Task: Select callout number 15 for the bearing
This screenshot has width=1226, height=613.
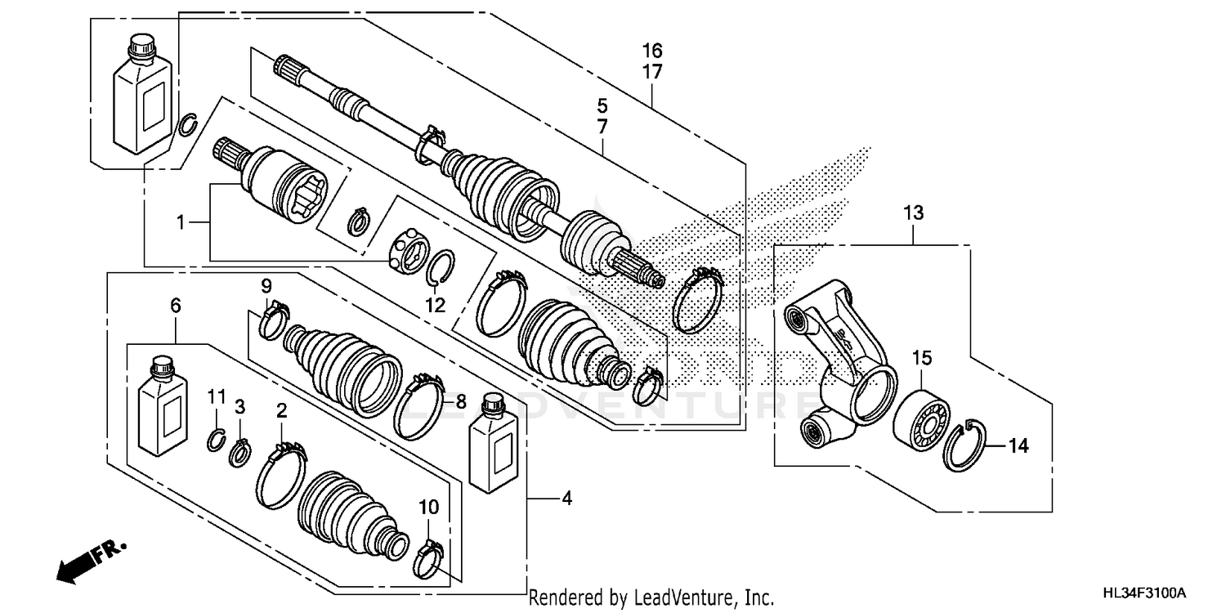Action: pos(922,358)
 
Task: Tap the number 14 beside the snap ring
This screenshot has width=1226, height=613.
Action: pos(1018,446)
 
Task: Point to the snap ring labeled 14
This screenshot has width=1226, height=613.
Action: pos(964,445)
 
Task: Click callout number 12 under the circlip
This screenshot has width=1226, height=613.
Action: pos(435,306)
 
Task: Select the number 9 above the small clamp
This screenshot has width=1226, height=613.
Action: pos(266,286)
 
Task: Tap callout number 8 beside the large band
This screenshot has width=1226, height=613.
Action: pos(460,401)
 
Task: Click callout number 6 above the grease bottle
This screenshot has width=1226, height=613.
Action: pos(175,305)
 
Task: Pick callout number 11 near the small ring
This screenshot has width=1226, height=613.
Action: pos(215,396)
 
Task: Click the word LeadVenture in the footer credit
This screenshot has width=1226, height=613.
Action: pos(677,598)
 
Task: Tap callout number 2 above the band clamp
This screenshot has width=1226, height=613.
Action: pos(281,412)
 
